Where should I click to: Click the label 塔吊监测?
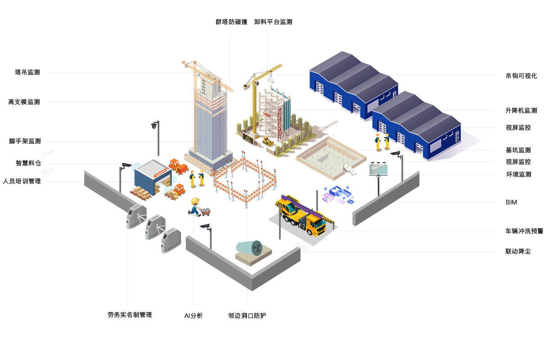[27, 72]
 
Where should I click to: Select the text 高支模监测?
[24, 102]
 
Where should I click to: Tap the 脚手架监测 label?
[25, 141]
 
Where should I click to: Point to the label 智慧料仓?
[28, 163]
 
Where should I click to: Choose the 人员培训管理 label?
[22, 181]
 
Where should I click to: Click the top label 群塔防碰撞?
[231, 22]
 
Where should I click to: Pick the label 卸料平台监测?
[273, 22]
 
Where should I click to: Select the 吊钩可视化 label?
[521, 76]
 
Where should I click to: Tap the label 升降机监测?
[521, 110]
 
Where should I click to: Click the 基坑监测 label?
[518, 150]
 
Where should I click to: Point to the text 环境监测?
[518, 174]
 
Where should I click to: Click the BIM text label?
[511, 202]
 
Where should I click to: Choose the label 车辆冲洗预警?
[524, 231]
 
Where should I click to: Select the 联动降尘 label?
[518, 251]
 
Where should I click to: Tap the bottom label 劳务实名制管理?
[130, 315]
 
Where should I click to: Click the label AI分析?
[193, 316]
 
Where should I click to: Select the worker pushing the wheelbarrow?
[195, 207]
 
